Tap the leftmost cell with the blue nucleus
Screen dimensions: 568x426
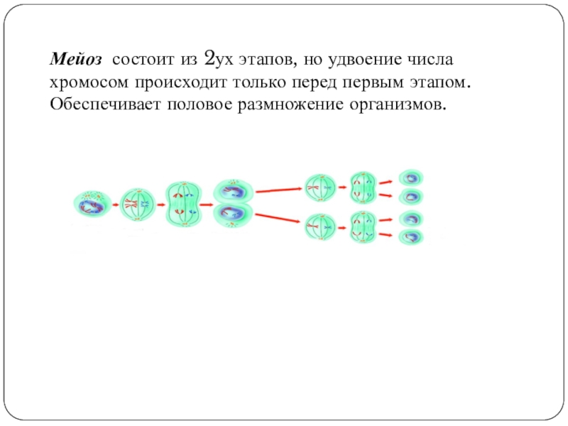(x=92, y=205)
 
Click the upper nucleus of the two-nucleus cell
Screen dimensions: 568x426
(x=233, y=191)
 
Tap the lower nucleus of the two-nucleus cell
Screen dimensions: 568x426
(x=233, y=215)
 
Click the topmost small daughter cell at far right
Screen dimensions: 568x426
(x=410, y=177)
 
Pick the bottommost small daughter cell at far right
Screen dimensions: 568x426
(x=410, y=236)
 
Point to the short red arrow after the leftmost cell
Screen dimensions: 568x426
(x=116, y=206)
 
